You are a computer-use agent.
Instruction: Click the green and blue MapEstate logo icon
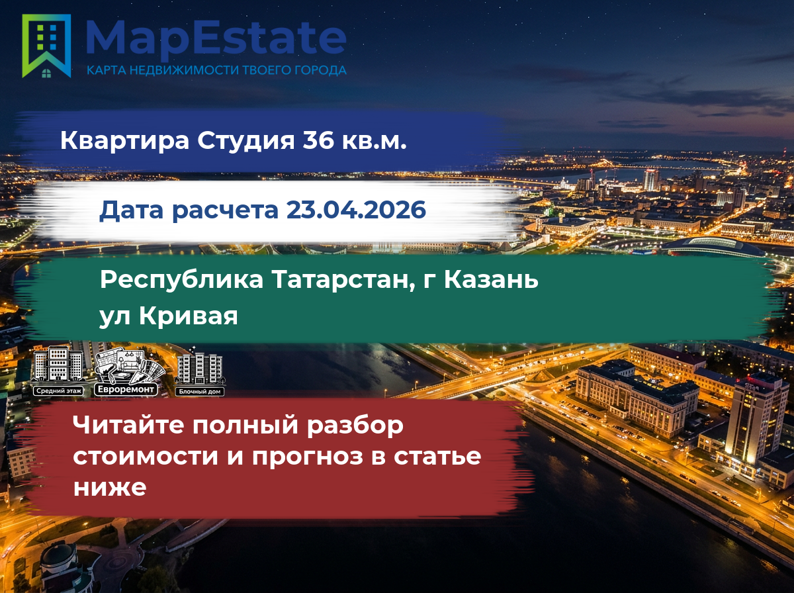(x=46, y=46)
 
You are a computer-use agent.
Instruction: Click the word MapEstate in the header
(x=216, y=39)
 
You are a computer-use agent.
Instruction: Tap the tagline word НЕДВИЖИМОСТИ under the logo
(x=185, y=70)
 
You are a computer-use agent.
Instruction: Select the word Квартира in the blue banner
(x=125, y=140)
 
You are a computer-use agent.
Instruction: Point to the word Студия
(x=246, y=141)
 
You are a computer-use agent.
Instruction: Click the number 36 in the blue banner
(x=318, y=140)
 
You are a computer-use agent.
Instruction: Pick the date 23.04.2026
(x=356, y=210)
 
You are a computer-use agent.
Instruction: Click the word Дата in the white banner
(x=131, y=210)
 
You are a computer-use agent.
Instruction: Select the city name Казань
(x=491, y=280)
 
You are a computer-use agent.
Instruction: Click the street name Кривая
(x=188, y=316)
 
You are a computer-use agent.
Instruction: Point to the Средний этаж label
(x=59, y=390)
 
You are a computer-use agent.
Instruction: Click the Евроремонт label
(x=126, y=389)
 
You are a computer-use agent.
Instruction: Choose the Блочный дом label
(x=199, y=392)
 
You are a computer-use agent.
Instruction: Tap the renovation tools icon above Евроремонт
(x=129, y=365)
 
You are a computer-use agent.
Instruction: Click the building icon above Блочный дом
(x=199, y=366)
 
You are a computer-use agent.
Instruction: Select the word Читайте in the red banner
(x=128, y=425)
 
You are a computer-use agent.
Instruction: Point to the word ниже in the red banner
(x=110, y=487)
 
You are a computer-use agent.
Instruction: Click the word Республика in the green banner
(x=181, y=281)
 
